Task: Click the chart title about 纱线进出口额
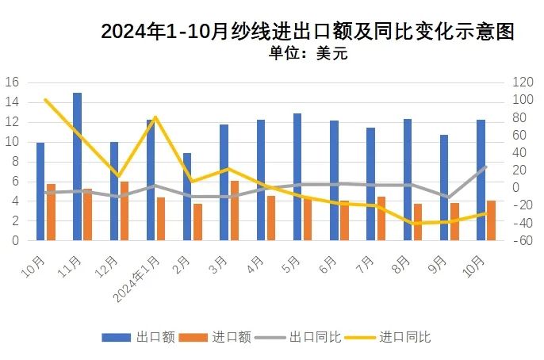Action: (x=308, y=32)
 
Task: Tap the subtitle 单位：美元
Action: (x=308, y=54)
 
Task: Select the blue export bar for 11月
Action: (x=77, y=167)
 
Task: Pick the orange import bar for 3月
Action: (x=234, y=210)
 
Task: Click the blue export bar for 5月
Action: (x=297, y=177)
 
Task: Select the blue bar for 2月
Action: (x=187, y=197)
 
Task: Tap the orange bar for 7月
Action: (x=381, y=218)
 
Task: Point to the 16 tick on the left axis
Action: (x=12, y=82)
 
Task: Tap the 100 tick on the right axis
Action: (x=521, y=100)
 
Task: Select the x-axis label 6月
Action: (x=329, y=264)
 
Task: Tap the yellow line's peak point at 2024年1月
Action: (x=155, y=117)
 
